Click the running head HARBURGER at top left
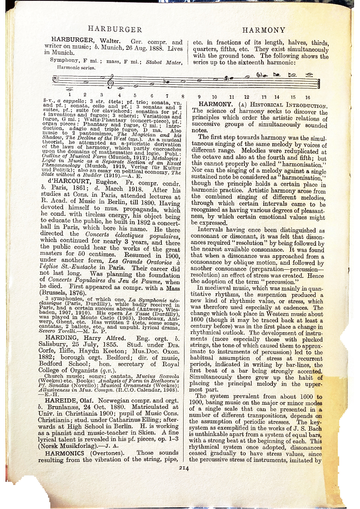115,29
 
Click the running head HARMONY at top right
264,30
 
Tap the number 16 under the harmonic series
307,97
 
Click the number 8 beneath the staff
182,96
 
